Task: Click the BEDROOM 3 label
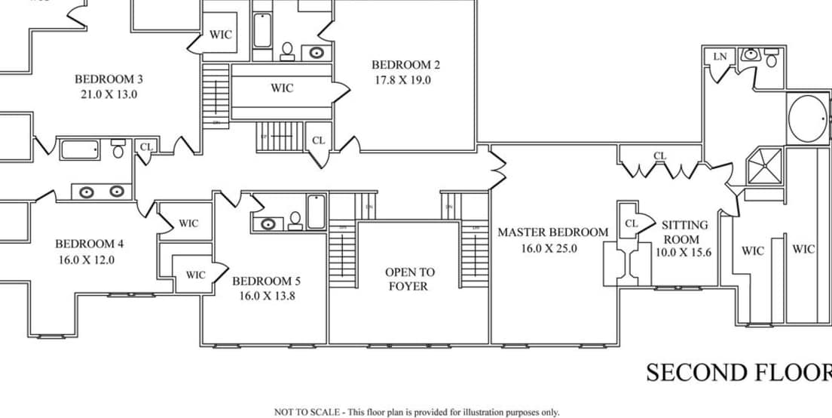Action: (109, 78)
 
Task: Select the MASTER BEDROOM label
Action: (552, 232)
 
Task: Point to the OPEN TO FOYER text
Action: (409, 279)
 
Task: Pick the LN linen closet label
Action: (720, 57)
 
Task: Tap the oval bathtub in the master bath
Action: (808, 119)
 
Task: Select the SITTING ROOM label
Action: (684, 232)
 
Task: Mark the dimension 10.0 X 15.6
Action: (683, 253)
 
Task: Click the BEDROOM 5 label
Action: (267, 281)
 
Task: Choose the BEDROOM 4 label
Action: (89, 244)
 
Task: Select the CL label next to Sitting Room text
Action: (632, 224)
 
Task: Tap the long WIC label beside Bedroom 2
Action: (282, 88)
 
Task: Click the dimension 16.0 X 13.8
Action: (267, 297)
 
